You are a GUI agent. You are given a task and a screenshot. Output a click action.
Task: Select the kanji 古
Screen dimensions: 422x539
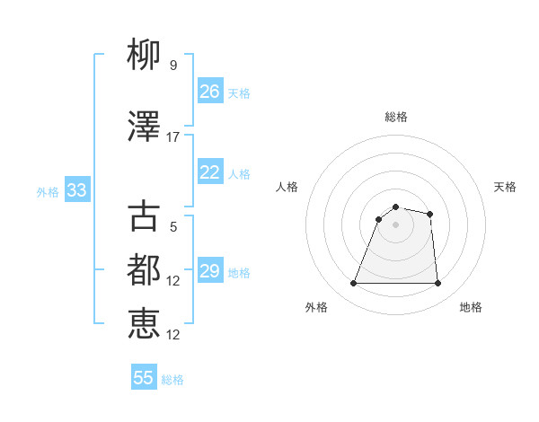144,216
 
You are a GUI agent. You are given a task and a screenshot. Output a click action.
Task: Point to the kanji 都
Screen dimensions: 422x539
144,269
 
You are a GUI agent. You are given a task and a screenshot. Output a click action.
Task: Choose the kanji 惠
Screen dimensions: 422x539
144,323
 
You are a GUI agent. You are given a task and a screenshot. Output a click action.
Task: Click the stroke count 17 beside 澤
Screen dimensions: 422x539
173,137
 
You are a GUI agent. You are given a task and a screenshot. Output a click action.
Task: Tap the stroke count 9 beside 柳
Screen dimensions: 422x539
173,66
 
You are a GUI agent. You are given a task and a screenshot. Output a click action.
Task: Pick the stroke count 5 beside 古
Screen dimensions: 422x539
173,227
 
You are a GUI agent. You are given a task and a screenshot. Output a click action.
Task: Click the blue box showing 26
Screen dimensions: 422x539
210,92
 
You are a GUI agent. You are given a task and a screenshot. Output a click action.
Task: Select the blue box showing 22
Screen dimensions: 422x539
210,172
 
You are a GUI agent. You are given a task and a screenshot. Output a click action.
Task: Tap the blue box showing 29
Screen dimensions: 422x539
210,271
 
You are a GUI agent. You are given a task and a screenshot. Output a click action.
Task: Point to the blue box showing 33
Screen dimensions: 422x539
76,190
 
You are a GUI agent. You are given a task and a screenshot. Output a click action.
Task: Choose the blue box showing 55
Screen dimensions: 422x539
144,378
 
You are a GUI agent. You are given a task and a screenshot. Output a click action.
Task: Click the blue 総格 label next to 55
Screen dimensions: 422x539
172,380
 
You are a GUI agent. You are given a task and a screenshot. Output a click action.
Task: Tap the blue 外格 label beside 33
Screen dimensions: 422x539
48,191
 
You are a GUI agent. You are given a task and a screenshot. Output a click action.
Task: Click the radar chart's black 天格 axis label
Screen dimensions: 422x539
506,187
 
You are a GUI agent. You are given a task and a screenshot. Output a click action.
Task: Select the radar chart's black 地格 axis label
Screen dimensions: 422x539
471,307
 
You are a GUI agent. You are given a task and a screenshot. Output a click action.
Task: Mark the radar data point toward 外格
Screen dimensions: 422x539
353,284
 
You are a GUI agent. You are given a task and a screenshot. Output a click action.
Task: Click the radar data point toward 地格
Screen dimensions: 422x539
437,284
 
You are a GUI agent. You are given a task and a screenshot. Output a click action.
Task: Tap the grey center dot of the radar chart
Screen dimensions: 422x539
395,224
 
